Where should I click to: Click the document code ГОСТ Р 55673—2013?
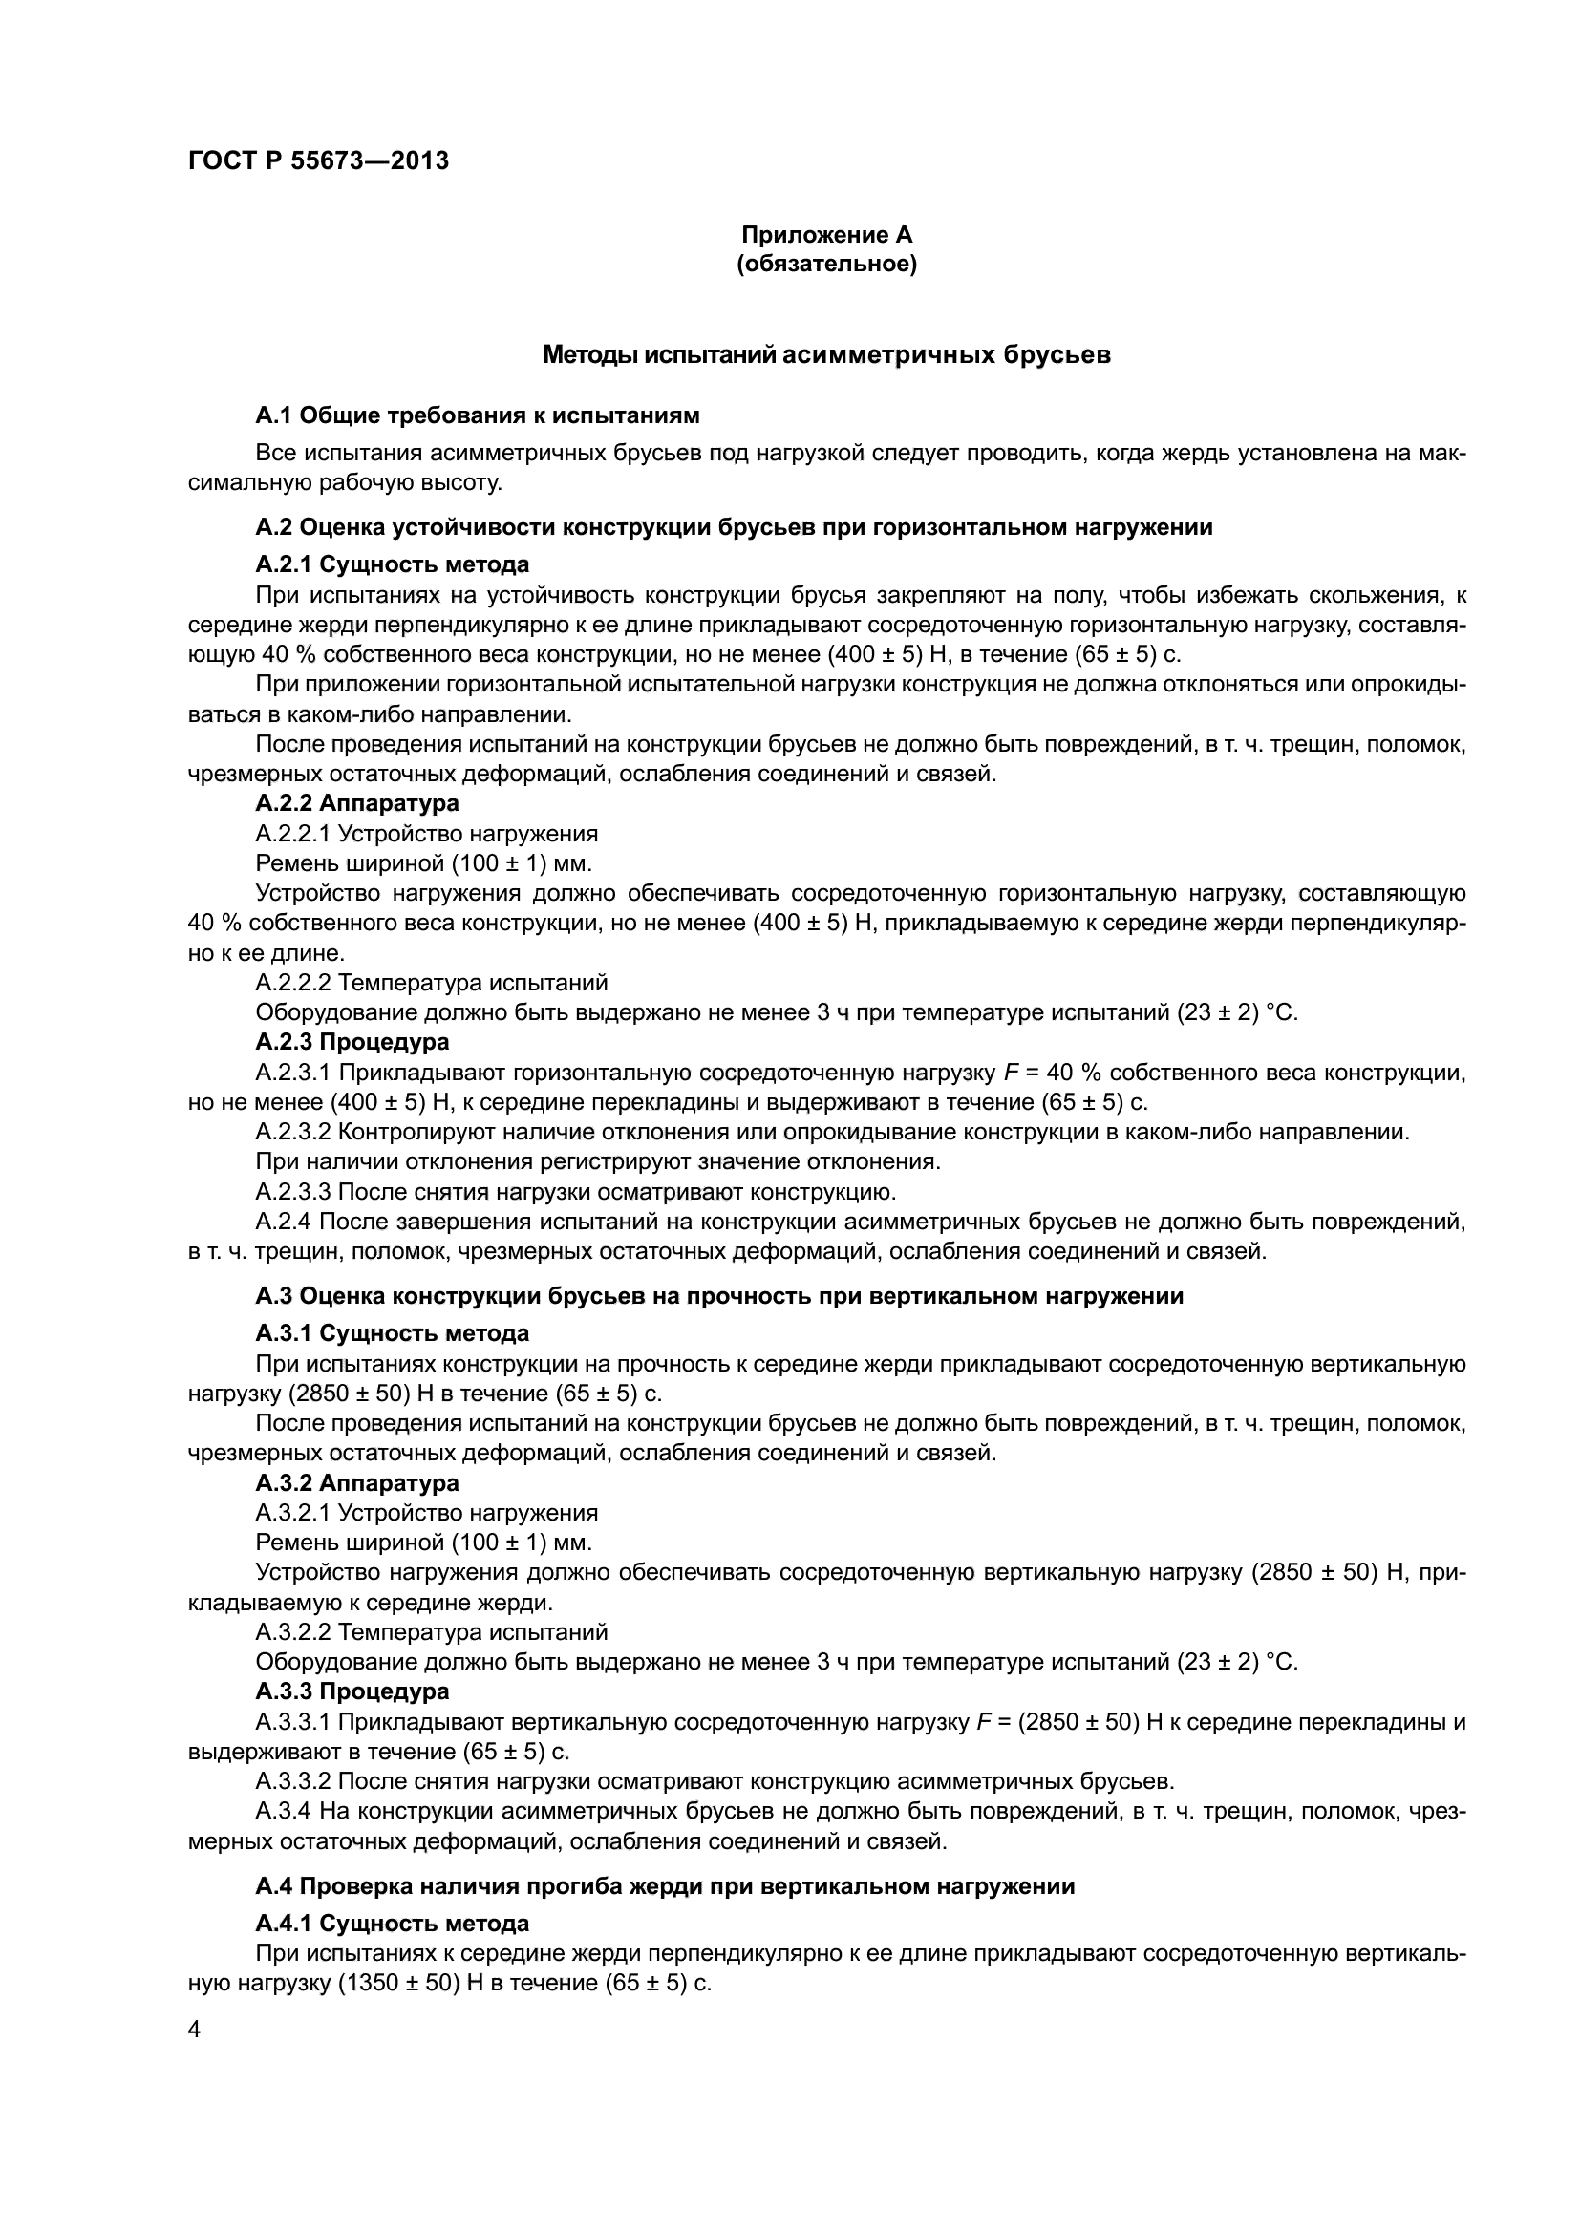tap(318, 160)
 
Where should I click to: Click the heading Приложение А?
tap(827, 235)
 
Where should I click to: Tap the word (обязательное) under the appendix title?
tap(827, 264)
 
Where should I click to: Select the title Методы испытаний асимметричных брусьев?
tap(827, 355)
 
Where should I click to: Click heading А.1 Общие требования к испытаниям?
tap(477, 415)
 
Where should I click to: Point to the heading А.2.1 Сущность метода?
tap(392, 564)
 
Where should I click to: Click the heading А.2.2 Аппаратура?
tap(357, 802)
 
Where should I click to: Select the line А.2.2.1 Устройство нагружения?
tap(426, 833)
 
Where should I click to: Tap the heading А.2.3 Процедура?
tap(352, 1041)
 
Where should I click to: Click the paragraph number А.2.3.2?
tap(293, 1132)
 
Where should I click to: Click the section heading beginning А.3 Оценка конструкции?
tap(719, 1296)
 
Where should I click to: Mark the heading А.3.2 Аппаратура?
tap(357, 1483)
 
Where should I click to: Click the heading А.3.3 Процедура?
tap(352, 1691)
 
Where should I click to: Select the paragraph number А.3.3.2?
tap(293, 1780)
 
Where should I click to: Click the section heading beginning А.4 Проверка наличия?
tap(665, 1886)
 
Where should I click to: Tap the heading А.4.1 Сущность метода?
tap(392, 1924)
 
